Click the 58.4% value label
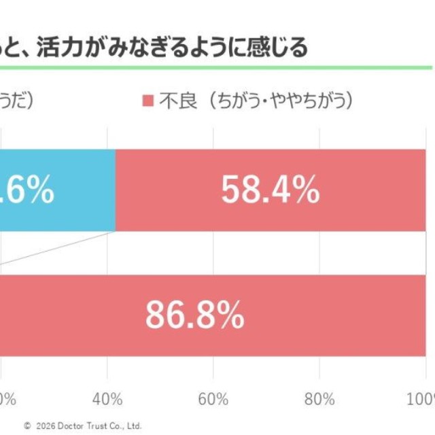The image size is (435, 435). pos(271,191)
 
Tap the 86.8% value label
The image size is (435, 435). pos(195,315)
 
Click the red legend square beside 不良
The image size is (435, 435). pos(147,101)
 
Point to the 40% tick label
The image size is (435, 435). pos(107,398)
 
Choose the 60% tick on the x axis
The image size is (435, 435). pos(213,398)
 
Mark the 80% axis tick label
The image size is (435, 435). pos(320,398)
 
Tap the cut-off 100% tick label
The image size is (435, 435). pos(422,398)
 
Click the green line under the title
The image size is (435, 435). pos(217,67)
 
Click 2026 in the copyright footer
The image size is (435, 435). pos(44,426)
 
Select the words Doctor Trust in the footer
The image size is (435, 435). pos(84,426)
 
